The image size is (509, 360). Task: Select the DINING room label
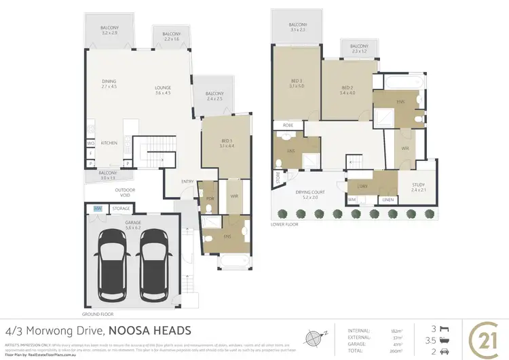[x=109, y=83]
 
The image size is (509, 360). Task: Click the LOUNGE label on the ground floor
[x=162, y=87]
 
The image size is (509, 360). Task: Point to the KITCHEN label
[x=109, y=143]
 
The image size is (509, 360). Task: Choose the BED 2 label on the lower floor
[x=347, y=88]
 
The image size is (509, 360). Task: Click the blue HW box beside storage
[x=98, y=209]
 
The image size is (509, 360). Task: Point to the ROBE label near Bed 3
[x=288, y=126]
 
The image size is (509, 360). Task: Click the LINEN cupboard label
[x=387, y=200]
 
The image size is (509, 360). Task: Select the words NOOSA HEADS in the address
[x=149, y=331]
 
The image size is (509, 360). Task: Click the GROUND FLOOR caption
[x=98, y=314]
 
